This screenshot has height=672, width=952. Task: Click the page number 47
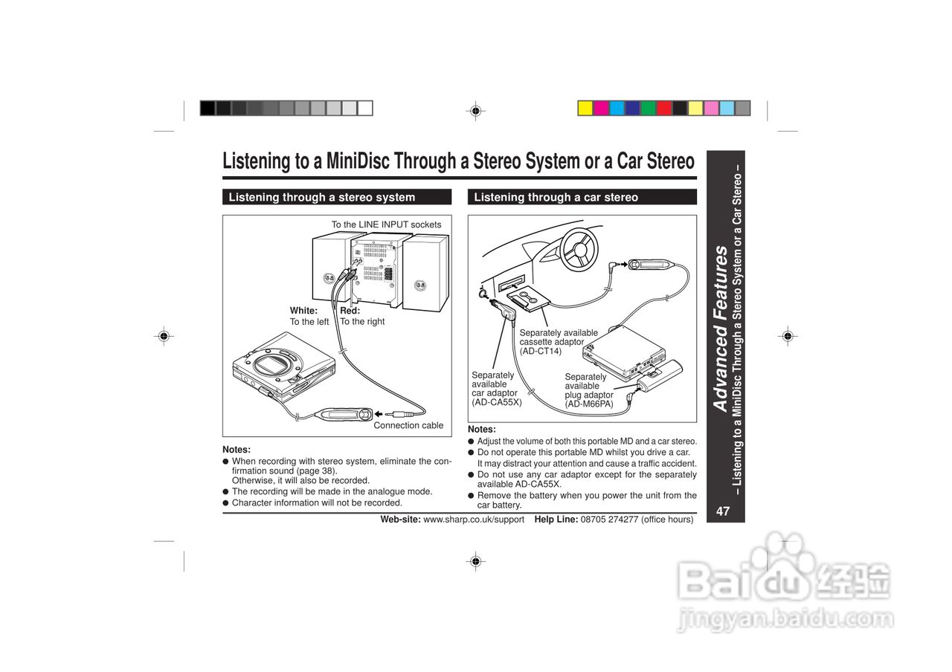pos(723,511)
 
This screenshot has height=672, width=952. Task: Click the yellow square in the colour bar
pos(585,109)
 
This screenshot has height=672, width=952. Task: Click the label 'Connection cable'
pos(408,426)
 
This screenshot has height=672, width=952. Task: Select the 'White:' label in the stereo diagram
pos(303,311)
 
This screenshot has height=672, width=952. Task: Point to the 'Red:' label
pos(350,311)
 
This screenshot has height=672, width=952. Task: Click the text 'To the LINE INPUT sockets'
pos(386,224)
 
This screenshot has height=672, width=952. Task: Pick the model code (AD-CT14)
pos(541,351)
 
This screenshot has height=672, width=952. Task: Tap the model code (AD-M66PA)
pos(589,404)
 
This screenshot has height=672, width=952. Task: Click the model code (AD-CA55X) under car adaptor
pos(497,402)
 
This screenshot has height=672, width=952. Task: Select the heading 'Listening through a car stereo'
pos(556,198)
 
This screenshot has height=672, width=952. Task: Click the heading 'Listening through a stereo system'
pos(321,198)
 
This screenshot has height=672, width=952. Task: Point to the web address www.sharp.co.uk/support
pos(474,520)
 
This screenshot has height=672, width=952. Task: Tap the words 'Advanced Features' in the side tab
pos(720,328)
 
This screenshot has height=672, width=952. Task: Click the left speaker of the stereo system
pos(330,271)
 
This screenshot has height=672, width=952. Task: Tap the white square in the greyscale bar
pos(365,109)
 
